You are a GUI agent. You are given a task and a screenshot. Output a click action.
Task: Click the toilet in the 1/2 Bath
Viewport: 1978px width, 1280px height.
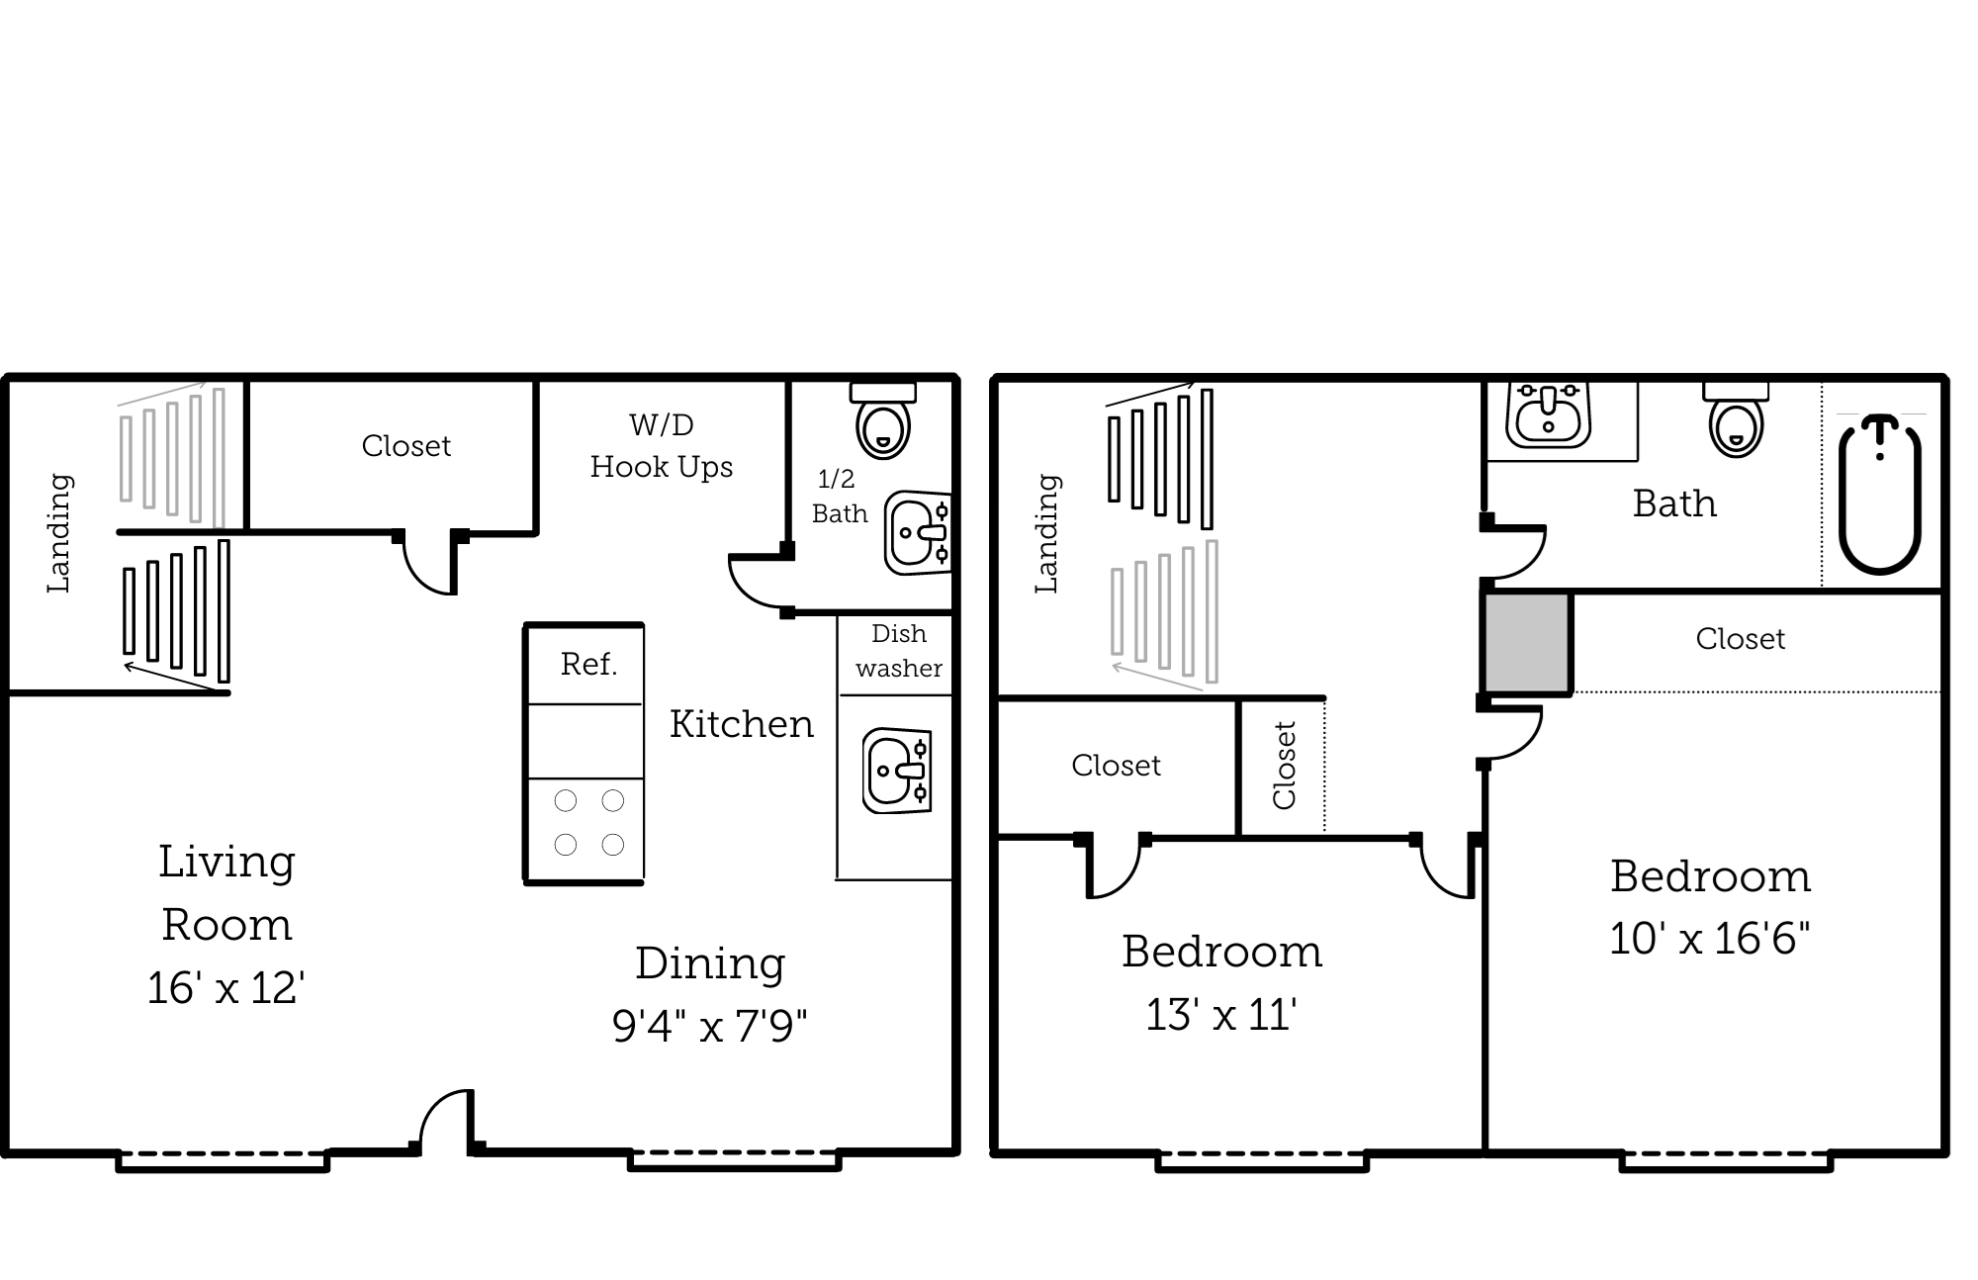coord(883,423)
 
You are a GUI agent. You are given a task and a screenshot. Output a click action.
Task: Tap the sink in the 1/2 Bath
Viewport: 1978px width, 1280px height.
coord(917,533)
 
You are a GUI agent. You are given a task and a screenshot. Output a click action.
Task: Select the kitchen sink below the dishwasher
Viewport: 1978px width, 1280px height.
coord(896,771)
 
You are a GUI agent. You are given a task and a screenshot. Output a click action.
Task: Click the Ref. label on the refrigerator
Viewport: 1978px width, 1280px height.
coord(588,664)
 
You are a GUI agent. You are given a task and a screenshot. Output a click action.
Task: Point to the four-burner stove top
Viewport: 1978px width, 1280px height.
coord(588,822)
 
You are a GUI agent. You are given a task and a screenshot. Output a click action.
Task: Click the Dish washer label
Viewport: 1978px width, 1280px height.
coord(898,651)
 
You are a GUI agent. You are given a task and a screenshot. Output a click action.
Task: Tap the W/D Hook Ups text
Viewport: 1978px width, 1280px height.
coord(662,446)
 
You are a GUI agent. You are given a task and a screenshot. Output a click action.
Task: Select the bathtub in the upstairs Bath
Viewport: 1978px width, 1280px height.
coord(1879,496)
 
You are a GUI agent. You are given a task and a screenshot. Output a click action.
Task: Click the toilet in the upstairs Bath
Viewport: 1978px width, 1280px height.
coord(1737,423)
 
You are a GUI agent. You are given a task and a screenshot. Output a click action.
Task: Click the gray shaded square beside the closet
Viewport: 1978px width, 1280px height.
coord(1526,643)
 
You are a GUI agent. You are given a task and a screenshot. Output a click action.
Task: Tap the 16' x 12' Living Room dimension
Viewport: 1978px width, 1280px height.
coord(226,988)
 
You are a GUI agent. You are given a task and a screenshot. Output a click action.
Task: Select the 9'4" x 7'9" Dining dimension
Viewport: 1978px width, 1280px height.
coord(709,1026)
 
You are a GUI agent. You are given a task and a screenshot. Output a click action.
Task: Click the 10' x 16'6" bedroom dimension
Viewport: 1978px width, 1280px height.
coord(1709,939)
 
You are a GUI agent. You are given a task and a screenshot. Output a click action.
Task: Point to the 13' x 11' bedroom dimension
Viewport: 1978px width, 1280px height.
coord(1221,1015)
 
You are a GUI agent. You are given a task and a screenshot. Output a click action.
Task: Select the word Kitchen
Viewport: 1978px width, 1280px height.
coord(742,724)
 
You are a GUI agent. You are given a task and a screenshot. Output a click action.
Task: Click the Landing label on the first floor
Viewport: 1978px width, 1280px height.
coord(59,533)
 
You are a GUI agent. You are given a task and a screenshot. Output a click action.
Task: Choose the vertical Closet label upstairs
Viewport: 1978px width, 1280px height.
coord(1284,766)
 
